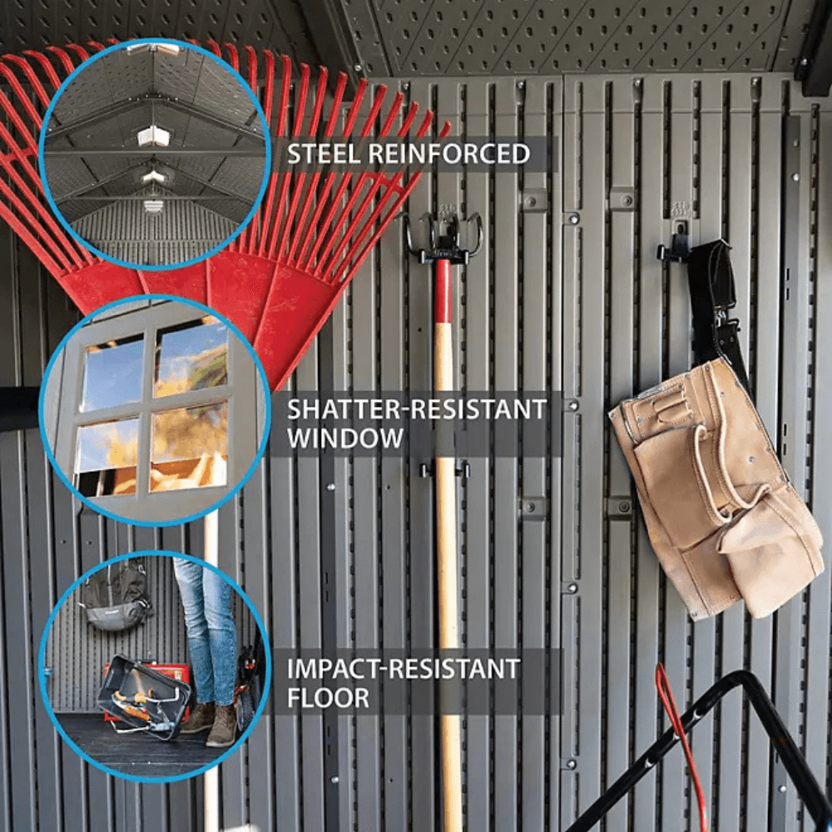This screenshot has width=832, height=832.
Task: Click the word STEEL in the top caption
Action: [x=324, y=154]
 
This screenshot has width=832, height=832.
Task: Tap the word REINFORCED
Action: [x=449, y=154]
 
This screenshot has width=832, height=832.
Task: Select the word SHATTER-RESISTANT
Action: [x=417, y=409]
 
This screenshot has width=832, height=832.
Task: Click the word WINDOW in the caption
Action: [x=345, y=438]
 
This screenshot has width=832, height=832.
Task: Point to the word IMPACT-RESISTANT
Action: [x=404, y=669]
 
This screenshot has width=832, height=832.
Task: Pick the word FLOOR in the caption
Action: [x=328, y=698]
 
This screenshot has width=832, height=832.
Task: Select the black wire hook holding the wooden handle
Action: [x=443, y=239]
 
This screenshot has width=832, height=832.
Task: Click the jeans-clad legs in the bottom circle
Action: [x=208, y=631]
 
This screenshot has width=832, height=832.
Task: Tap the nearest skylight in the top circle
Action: [x=153, y=137]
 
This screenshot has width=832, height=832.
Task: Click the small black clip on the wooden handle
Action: [x=446, y=469]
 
